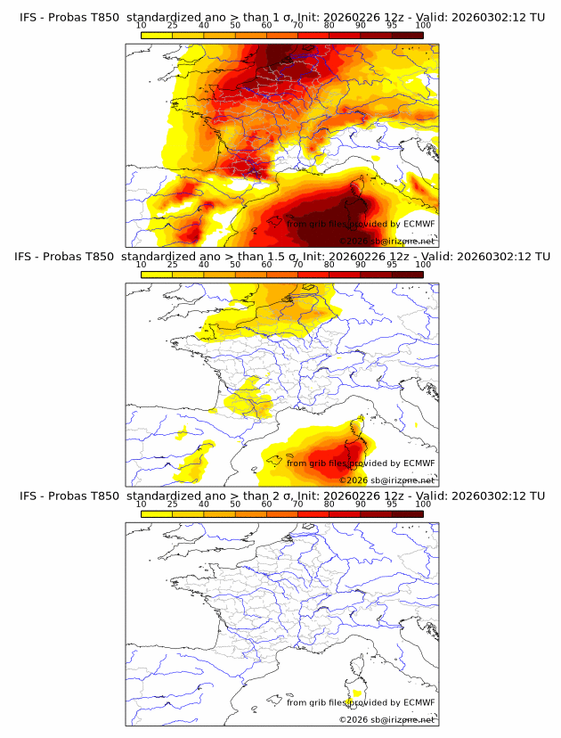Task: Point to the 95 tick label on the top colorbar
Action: click(392, 26)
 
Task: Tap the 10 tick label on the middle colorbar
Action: click(141, 265)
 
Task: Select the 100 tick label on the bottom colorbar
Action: click(423, 504)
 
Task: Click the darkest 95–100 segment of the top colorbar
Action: click(407, 36)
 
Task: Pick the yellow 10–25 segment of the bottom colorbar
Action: click(157, 514)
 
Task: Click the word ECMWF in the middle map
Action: click(419, 463)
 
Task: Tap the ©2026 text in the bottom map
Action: click(354, 719)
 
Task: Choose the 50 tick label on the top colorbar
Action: click(235, 26)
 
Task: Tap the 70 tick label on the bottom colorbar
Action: click(297, 504)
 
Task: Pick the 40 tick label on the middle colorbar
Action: click(204, 265)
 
